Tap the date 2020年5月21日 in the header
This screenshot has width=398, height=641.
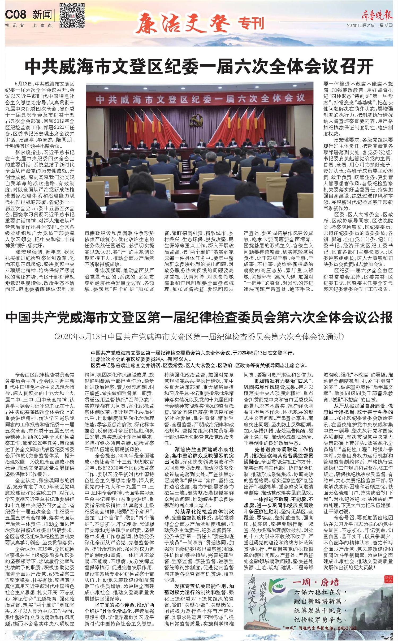coord(361,25)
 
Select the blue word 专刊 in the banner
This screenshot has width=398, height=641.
coord(251,23)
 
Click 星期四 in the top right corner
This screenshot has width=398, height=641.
coord(386,25)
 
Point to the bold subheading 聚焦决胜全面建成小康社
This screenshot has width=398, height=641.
coord(204,449)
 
